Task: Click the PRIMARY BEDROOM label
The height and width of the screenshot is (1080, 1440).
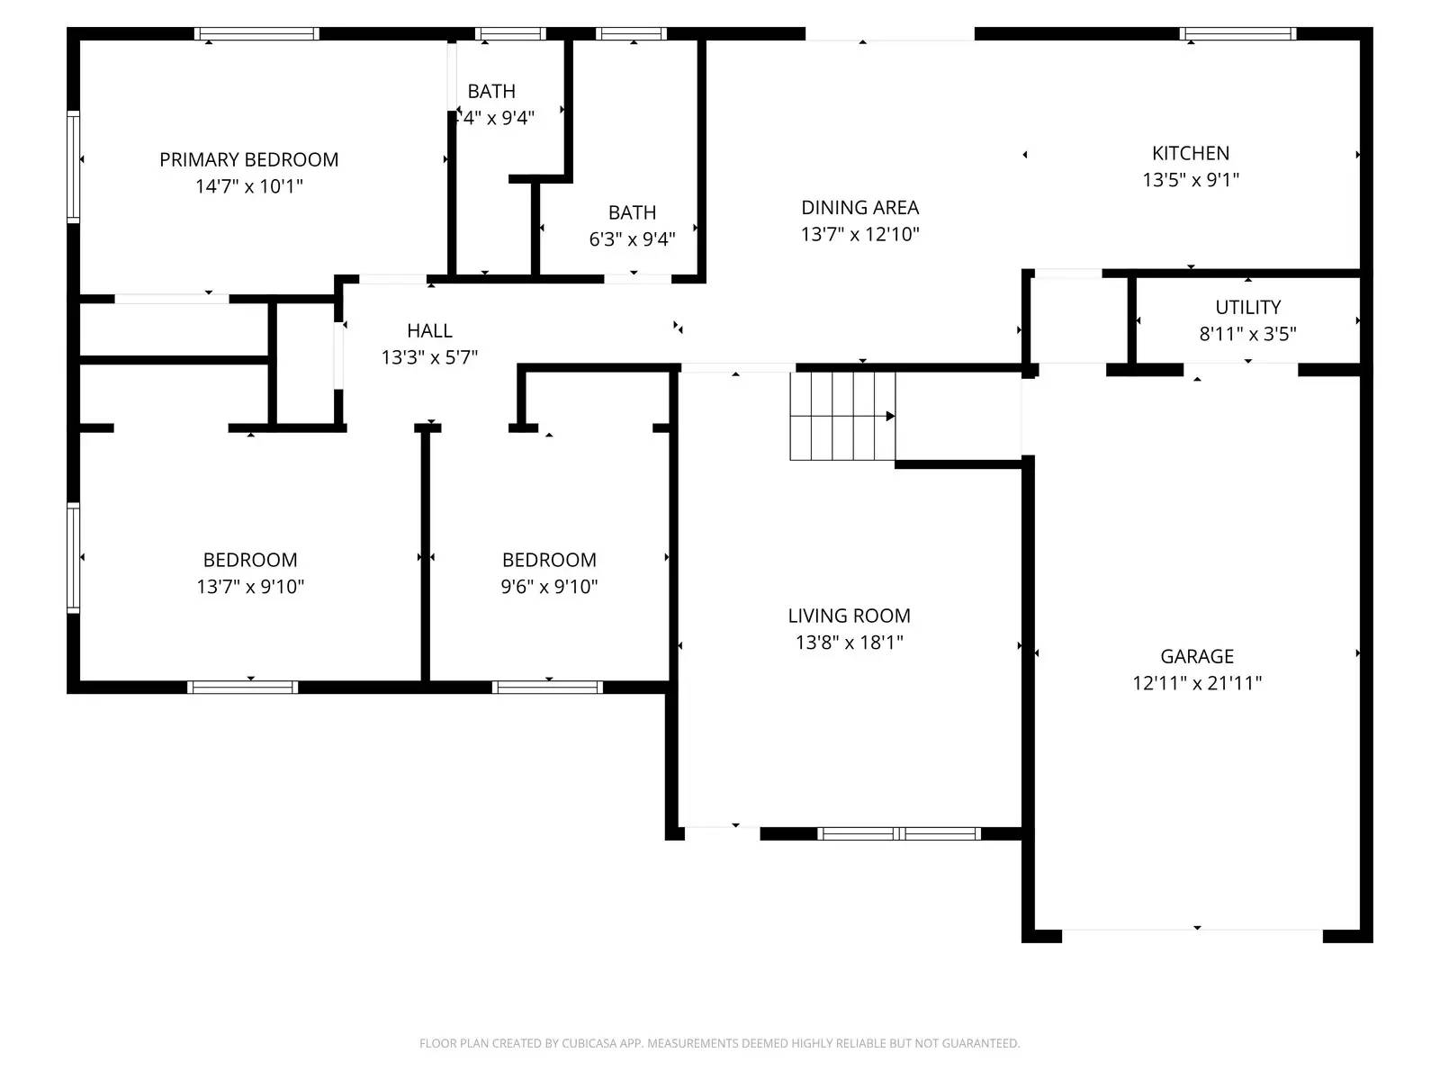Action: point(249,159)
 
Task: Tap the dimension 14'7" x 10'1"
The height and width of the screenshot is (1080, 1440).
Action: point(249,186)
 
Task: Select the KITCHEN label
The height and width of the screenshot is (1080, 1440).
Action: point(1190,153)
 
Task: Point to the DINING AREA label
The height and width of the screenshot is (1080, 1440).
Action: point(859,207)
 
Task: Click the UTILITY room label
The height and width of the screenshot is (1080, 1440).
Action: point(1247,307)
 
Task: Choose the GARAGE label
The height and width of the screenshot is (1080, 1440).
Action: point(1196,656)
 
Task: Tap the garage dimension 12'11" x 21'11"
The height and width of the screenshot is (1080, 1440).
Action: point(1196,683)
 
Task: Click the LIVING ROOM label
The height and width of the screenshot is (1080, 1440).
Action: point(849,616)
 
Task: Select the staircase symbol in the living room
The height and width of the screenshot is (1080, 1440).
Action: point(842,416)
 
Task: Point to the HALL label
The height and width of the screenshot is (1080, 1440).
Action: point(429,330)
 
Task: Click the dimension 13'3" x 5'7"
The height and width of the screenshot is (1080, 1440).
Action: point(429,357)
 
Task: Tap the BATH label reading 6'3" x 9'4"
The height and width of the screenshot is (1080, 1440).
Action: point(632,212)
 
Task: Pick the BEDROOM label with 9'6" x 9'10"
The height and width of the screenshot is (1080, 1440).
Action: point(549,560)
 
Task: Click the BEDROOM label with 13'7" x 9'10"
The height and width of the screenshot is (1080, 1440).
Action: point(250,560)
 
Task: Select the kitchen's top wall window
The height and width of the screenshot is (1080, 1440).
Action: point(1237,34)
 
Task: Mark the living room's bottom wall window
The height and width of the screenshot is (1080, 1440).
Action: point(898,833)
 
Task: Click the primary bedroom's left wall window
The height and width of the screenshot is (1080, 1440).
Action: point(74,166)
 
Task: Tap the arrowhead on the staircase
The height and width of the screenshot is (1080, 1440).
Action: point(890,416)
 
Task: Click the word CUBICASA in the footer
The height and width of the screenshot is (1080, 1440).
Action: point(589,1043)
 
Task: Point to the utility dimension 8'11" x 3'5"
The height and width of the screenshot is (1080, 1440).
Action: point(1247,334)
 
